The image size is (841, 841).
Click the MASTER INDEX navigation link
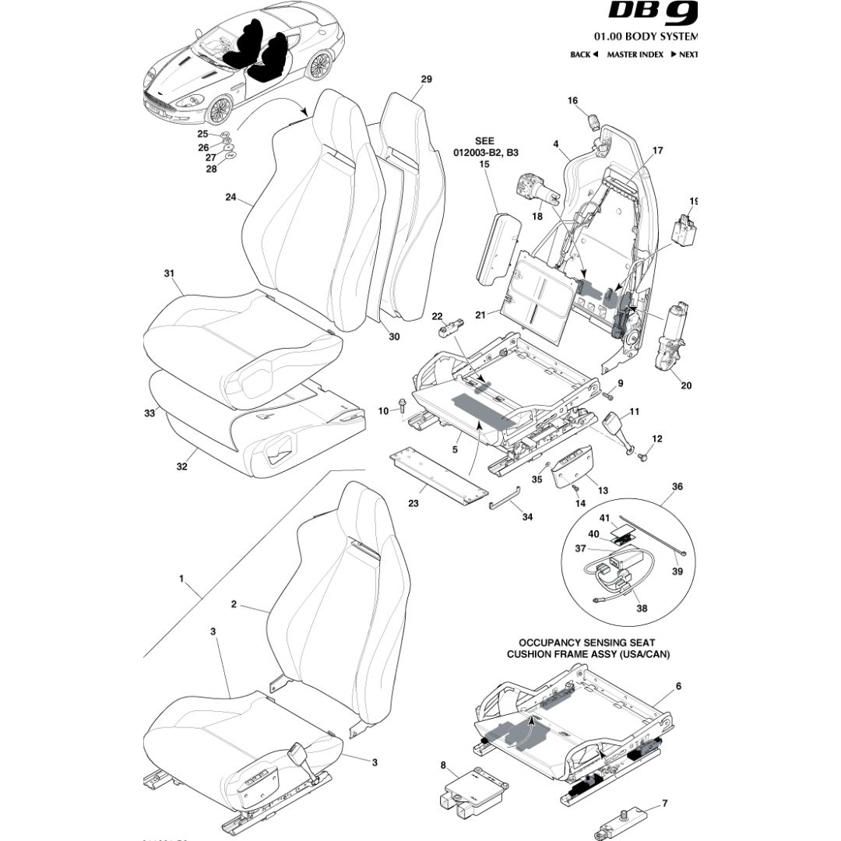(635, 55)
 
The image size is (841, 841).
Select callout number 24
(230, 198)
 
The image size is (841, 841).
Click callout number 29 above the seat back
(426, 79)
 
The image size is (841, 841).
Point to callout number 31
(168, 273)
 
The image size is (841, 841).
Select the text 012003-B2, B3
(484, 153)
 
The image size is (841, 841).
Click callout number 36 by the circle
(677, 487)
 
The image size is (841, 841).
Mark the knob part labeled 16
(596, 122)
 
